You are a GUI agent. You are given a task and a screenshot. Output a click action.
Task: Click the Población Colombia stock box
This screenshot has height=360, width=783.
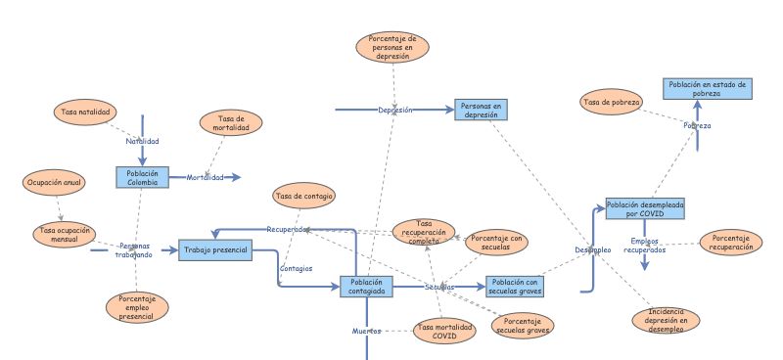click(141, 177)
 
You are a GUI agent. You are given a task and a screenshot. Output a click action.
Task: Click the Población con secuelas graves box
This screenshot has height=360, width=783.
click(514, 286)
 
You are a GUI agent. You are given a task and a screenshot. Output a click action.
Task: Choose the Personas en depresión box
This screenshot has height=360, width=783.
click(482, 110)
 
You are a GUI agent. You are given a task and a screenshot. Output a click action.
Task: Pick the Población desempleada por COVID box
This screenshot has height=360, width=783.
click(644, 207)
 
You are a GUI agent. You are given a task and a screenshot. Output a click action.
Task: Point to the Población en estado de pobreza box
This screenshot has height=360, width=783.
click(707, 90)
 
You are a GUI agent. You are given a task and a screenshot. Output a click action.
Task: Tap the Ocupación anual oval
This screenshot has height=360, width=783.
click(54, 182)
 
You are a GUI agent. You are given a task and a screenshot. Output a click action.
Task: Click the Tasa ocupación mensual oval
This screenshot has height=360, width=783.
click(65, 235)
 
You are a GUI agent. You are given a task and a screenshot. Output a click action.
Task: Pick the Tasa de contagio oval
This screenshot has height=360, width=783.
click(304, 196)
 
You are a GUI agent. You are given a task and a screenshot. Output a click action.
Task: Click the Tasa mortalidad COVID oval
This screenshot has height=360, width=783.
click(444, 331)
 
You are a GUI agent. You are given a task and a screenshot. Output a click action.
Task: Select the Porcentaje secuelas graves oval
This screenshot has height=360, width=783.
click(521, 326)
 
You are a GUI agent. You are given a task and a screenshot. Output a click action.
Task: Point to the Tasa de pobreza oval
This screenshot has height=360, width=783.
click(612, 101)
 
